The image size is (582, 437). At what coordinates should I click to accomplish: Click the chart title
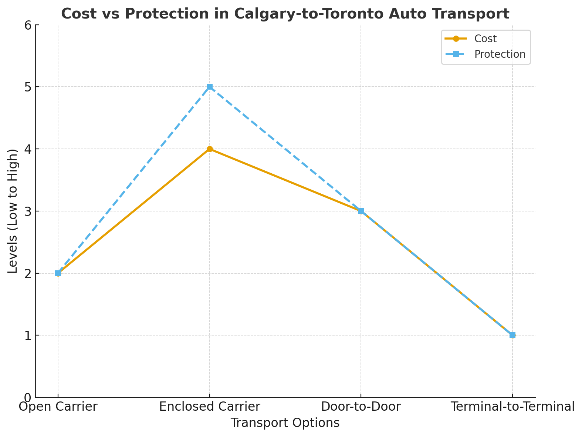[285, 14]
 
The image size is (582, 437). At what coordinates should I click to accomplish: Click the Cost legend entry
[485, 39]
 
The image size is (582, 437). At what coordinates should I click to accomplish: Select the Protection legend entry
[500, 54]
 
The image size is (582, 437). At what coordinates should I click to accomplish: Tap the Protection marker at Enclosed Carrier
[210, 87]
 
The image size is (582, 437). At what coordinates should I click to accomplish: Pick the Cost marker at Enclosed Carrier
[210, 149]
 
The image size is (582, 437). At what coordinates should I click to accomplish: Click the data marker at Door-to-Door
[361, 211]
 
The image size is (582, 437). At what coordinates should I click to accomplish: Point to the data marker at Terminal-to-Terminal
[512, 335]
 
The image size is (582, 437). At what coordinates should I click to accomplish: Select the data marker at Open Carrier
[58, 273]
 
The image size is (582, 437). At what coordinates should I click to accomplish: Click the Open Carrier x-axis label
[58, 407]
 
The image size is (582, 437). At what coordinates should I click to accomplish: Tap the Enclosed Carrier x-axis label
[210, 407]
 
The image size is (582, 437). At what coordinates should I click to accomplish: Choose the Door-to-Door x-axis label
[361, 407]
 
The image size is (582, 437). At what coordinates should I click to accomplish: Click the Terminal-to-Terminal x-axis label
[512, 407]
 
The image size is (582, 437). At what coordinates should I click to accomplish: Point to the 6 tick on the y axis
[28, 25]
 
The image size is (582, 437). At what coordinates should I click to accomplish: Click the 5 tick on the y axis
[28, 87]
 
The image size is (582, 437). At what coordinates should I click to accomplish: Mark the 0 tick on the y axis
[28, 397]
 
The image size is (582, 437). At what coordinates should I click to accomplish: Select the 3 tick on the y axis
[28, 211]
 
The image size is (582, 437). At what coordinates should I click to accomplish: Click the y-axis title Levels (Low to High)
[13, 211]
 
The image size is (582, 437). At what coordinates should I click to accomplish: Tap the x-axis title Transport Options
[285, 423]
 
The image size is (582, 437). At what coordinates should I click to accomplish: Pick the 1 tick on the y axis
[28, 336]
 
